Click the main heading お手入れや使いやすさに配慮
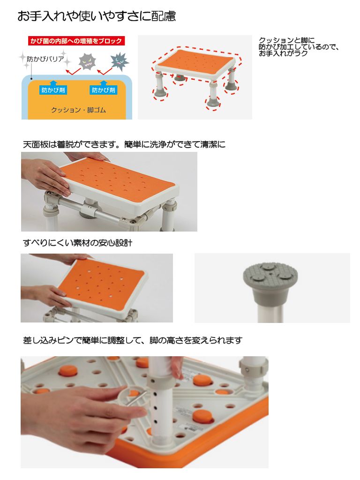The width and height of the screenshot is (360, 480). [x=97, y=16]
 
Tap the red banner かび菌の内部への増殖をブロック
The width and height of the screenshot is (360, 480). [x=76, y=41]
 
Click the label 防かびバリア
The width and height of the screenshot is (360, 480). [x=45, y=59]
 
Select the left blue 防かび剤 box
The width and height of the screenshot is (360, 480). [x=53, y=90]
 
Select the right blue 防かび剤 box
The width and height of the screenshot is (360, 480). [x=104, y=90]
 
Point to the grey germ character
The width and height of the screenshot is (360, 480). [x=87, y=61]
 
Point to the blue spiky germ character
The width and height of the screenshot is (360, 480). [x=120, y=61]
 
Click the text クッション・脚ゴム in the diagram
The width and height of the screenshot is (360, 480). [x=78, y=110]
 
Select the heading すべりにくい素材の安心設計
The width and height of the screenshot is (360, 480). [x=78, y=243]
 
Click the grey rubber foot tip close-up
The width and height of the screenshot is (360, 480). [x=270, y=282]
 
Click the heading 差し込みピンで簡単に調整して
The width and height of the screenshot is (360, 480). [x=133, y=340]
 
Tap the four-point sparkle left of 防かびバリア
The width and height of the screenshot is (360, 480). [x=22, y=57]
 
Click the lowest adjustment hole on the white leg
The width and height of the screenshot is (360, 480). [x=156, y=421]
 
